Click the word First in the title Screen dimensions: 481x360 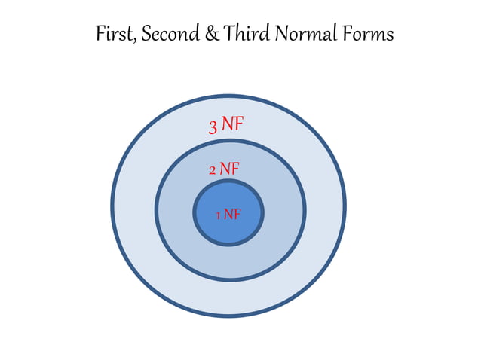click(x=115, y=35)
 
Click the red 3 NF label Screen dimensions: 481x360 click(x=227, y=124)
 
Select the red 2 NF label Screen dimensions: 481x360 click(x=225, y=169)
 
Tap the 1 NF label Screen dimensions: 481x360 click(x=228, y=215)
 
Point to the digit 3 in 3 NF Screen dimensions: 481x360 click(x=213, y=127)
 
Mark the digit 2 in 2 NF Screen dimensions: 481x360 click(x=213, y=170)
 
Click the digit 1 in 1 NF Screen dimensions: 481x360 click(x=218, y=216)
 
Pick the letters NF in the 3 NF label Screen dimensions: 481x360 click(x=233, y=124)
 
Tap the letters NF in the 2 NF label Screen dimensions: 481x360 click(x=230, y=169)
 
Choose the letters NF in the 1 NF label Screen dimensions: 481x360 click(x=232, y=215)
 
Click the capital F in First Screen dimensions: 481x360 click(x=100, y=35)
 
